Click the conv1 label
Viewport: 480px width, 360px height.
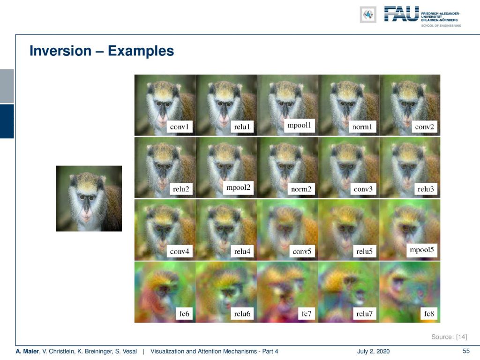(180, 127)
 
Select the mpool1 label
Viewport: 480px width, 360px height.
(299, 125)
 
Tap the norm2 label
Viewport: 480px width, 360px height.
(301, 189)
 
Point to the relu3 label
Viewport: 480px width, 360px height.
(426, 189)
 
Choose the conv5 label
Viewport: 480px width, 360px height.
(301, 252)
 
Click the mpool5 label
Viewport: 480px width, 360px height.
(422, 250)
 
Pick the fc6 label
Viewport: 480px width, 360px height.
(184, 314)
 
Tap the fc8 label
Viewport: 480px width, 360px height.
(429, 314)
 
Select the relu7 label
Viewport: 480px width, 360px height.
(364, 314)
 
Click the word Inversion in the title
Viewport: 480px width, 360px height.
(60, 51)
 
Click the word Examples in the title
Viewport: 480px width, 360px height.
(141, 51)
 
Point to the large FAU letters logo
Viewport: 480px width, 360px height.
(401, 14)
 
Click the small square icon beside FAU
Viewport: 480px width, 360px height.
(368, 15)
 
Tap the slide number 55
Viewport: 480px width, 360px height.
(466, 351)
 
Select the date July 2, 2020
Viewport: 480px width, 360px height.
(373, 352)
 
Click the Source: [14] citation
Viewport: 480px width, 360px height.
(449, 337)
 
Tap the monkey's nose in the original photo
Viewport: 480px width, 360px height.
(86, 209)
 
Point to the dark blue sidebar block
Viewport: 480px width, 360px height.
(7, 121)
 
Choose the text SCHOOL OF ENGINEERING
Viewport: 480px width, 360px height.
(441, 26)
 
